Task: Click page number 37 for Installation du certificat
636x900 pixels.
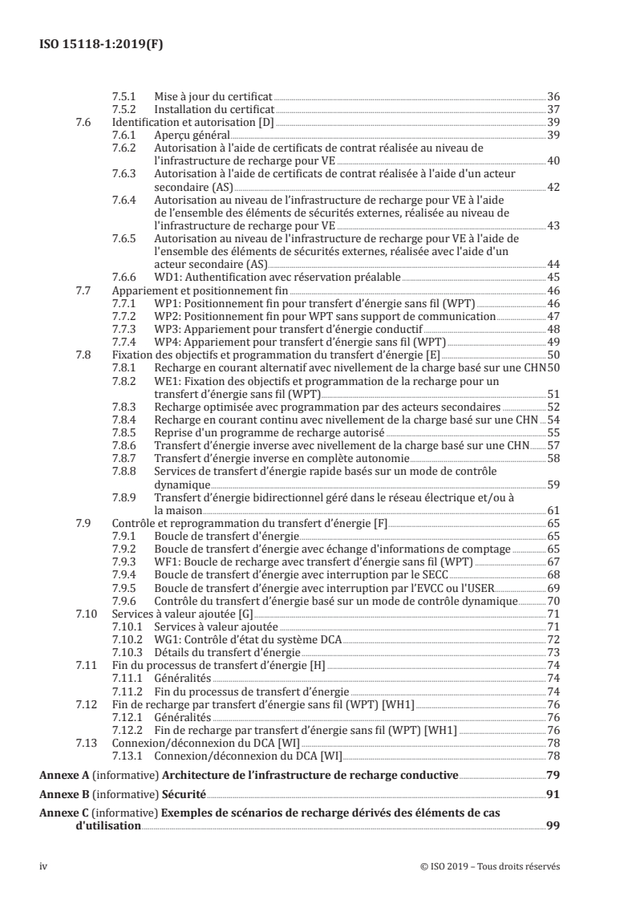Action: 553,109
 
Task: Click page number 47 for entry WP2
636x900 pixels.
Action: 553,316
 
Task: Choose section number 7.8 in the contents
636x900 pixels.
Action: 83,355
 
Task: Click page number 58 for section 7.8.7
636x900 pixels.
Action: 553,458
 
